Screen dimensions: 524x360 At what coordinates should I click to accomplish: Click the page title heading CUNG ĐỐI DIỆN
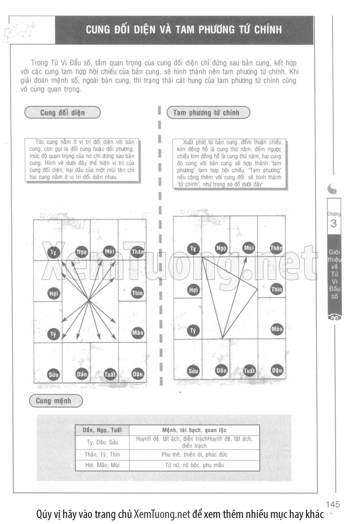(x=184, y=30)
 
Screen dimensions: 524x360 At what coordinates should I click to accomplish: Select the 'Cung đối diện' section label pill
(x=62, y=112)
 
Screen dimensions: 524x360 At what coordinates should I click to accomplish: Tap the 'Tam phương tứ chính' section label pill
(x=206, y=113)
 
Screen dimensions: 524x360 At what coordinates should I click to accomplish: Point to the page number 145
(x=333, y=504)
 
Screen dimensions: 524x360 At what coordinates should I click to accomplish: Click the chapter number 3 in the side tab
(x=334, y=224)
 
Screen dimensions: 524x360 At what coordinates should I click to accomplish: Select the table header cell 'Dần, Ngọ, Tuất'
(x=102, y=430)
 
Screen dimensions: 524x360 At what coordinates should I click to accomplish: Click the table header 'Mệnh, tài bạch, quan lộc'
(x=194, y=430)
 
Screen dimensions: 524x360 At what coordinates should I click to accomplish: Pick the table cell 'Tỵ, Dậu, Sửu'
(x=102, y=442)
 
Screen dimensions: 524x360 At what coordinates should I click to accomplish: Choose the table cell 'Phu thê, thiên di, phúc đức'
(x=194, y=454)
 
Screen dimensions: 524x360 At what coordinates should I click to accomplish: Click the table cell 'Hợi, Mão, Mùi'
(x=102, y=465)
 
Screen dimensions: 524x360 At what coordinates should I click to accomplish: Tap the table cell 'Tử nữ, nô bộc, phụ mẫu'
(x=194, y=465)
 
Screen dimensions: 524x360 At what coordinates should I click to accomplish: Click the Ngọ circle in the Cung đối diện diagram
(x=82, y=252)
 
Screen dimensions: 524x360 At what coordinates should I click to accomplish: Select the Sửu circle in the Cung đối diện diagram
(x=54, y=375)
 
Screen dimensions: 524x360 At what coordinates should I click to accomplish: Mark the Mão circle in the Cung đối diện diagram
(x=138, y=333)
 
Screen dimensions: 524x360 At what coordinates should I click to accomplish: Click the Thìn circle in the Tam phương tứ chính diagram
(x=276, y=289)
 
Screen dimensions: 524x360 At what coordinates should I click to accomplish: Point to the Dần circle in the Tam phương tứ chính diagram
(x=221, y=370)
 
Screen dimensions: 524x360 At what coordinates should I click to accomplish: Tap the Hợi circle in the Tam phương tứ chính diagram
(x=194, y=290)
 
